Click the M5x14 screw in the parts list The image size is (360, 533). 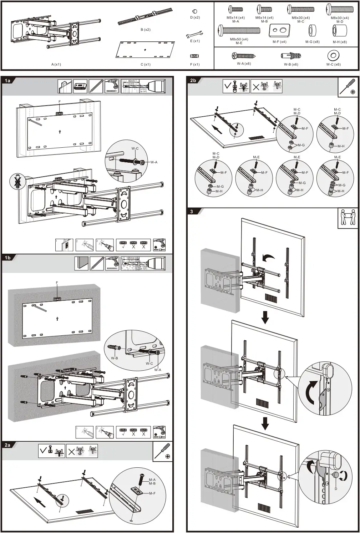[235, 10]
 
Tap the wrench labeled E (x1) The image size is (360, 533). [194, 35]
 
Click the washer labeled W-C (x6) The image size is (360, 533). [333, 56]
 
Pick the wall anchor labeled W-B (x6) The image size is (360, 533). [291, 56]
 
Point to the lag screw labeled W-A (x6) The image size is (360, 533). [244, 56]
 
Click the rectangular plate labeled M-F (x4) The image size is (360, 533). [279, 30]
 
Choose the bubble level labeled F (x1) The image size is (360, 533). [194, 56]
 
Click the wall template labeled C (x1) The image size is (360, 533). [146, 49]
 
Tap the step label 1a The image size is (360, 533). [7, 81]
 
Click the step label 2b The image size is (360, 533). [193, 81]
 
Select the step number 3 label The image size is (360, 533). [192, 212]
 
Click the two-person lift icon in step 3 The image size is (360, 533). [348, 218]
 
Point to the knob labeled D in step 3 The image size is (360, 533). [336, 475]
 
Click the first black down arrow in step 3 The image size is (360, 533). [265, 317]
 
